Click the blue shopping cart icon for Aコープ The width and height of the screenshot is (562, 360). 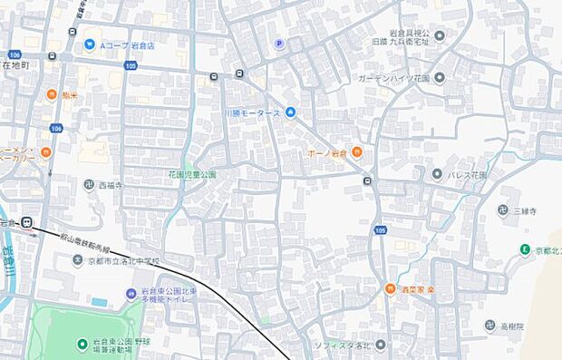point(90,44)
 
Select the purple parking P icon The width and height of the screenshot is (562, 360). point(279,43)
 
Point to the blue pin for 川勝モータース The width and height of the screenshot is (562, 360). point(290,112)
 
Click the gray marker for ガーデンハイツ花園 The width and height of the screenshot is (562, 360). point(440,77)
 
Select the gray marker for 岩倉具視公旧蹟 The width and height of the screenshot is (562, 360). point(440,36)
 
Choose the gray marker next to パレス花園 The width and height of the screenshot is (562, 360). point(437,173)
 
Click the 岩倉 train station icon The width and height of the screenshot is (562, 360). point(29,220)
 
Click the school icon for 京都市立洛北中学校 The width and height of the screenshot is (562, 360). point(78,260)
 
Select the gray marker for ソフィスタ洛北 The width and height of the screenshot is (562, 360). point(380,345)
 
